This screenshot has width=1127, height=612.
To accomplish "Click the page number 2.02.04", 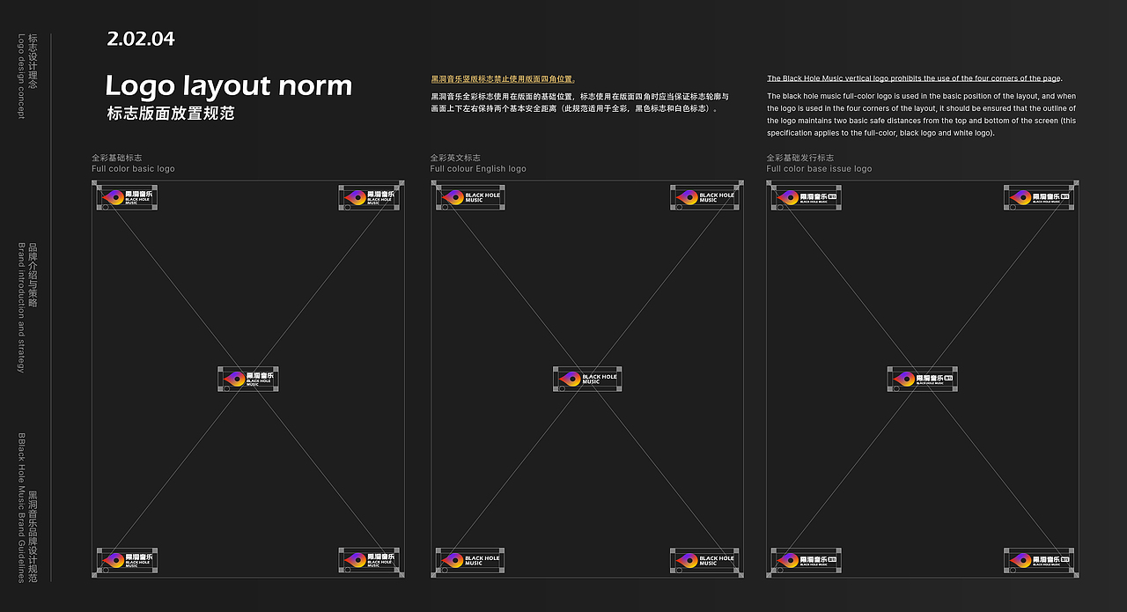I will pyautogui.click(x=141, y=39).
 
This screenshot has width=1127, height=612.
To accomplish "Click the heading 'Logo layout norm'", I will pyautogui.click(x=228, y=86).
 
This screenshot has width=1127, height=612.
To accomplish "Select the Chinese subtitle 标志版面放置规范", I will pyautogui.click(x=170, y=114).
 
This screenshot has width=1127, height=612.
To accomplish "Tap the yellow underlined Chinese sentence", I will pyautogui.click(x=503, y=79).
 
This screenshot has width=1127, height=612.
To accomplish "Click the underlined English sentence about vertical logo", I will pyautogui.click(x=914, y=78).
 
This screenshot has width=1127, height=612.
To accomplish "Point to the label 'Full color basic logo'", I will pyautogui.click(x=133, y=169).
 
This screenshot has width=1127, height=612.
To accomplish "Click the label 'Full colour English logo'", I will pyautogui.click(x=478, y=169).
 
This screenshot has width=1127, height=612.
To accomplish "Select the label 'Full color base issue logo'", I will pyautogui.click(x=819, y=169).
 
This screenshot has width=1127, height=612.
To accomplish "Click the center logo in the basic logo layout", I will pyautogui.click(x=248, y=380).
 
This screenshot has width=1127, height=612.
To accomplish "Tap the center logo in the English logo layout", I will pyautogui.click(x=587, y=380).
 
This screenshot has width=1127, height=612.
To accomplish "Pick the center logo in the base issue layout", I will pyautogui.click(x=922, y=380).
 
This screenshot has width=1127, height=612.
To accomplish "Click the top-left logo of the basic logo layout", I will pyautogui.click(x=127, y=197).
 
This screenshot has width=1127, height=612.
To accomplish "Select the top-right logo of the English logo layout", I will pyautogui.click(x=704, y=197).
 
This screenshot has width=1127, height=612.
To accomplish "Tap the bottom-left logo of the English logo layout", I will pyautogui.click(x=470, y=560).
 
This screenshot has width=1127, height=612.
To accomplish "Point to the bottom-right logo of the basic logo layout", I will pyautogui.click(x=369, y=560).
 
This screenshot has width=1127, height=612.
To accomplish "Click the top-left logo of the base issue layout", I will pyautogui.click(x=807, y=197).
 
